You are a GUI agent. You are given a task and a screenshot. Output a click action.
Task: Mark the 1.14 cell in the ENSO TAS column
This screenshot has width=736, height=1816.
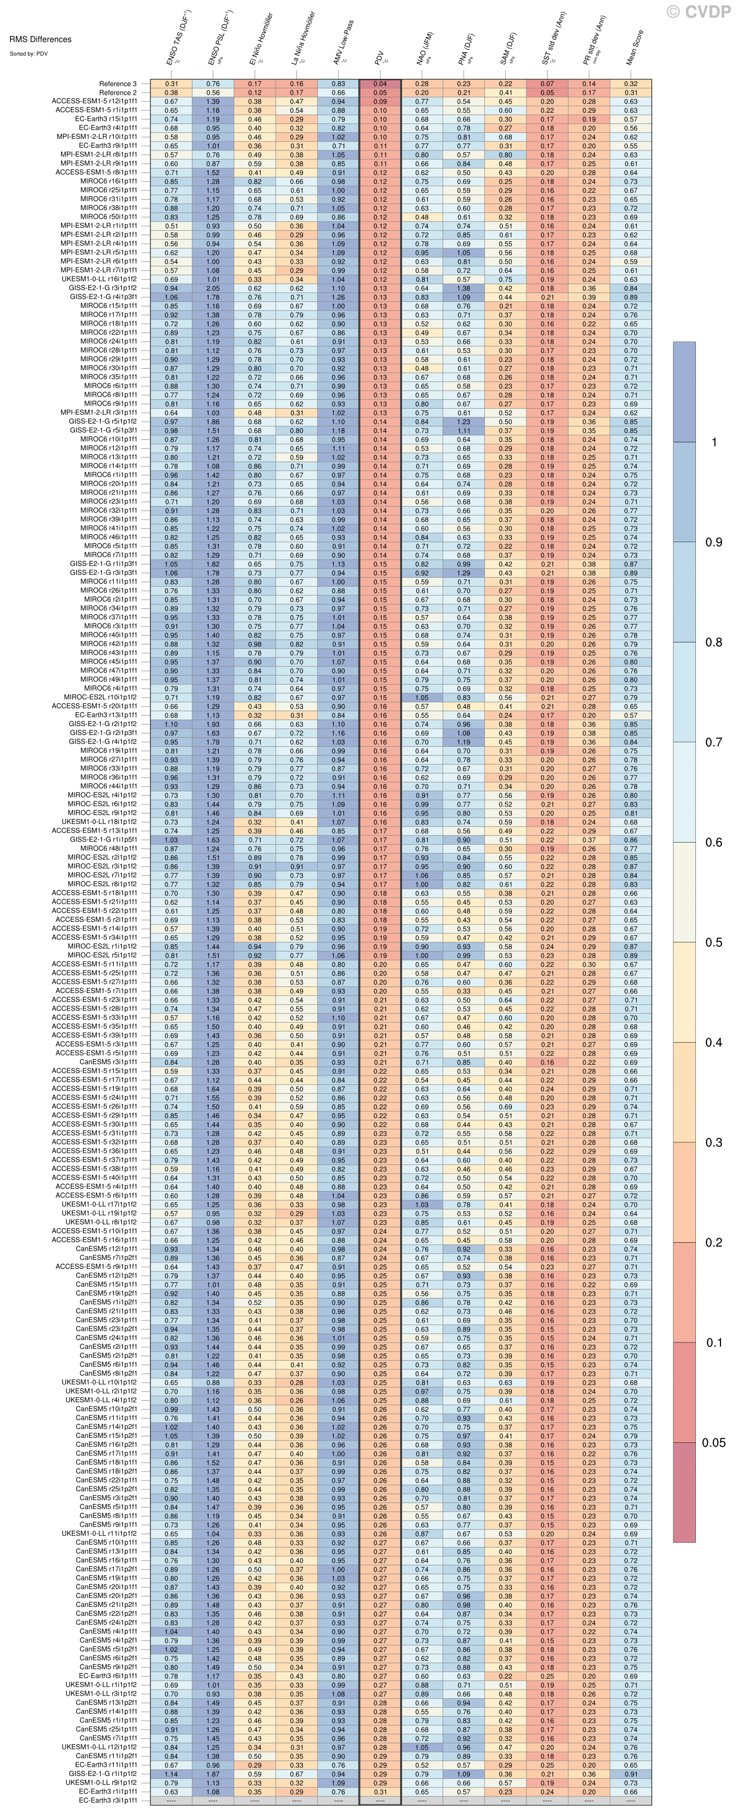click(171, 1774)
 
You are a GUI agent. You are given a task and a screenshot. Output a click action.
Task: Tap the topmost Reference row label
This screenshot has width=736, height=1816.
click(118, 84)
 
